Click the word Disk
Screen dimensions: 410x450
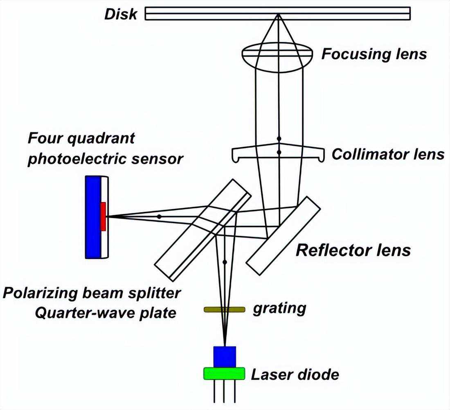point(121,14)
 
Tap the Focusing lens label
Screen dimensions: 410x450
point(374,54)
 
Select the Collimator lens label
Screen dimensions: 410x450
point(388,154)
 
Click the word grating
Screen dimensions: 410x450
point(279,308)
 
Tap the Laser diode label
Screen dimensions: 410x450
point(295,374)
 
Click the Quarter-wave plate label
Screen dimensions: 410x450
point(106,313)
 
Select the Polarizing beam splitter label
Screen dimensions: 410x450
point(92,293)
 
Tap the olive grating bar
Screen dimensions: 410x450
point(225,309)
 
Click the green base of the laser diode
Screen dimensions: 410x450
point(225,374)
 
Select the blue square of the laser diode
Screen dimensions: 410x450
point(225,356)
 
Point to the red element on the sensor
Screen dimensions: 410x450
point(103,216)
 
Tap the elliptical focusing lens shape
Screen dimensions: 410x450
point(278,59)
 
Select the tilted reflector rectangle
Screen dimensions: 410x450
point(284,235)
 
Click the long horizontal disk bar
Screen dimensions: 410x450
point(278,14)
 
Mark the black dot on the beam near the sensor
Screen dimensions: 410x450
point(159,216)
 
